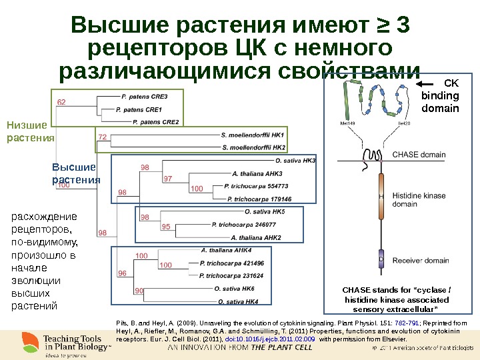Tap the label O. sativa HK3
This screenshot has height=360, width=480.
[x=295, y=161]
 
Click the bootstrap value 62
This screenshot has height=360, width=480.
[x=61, y=102]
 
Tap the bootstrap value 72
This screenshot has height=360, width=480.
[x=103, y=137]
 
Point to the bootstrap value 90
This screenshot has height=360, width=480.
[x=139, y=291]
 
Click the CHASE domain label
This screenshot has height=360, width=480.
[x=419, y=155]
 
